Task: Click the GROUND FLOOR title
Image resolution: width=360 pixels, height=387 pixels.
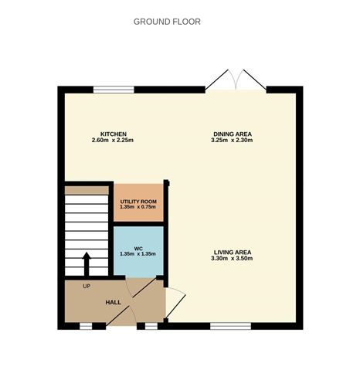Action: click(167, 22)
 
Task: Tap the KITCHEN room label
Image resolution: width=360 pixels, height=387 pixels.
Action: click(114, 134)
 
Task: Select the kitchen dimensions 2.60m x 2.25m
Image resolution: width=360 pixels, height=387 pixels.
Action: click(113, 141)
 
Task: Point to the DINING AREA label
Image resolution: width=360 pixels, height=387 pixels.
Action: click(233, 134)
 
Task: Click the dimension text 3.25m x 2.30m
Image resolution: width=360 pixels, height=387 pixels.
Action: click(232, 141)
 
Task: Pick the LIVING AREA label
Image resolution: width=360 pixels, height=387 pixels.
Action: click(233, 253)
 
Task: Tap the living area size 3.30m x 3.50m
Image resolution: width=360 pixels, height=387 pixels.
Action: click(232, 258)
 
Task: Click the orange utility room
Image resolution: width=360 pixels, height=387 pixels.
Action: click(138, 202)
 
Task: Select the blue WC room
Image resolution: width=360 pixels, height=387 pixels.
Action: click(138, 251)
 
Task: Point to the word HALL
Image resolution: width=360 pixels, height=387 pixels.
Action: click(114, 302)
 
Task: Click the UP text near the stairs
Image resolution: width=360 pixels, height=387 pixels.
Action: click(87, 286)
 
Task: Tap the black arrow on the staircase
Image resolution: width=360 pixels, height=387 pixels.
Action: click(87, 264)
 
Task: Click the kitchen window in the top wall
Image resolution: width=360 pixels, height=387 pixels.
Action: click(114, 90)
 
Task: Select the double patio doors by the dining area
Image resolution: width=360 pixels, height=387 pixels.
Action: click(236, 80)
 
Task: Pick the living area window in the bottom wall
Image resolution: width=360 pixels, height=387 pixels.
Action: click(231, 327)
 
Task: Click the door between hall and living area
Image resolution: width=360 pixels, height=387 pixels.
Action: click(175, 303)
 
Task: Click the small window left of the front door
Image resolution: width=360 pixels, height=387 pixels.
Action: click(86, 327)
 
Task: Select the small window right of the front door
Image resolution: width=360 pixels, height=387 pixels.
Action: click(151, 327)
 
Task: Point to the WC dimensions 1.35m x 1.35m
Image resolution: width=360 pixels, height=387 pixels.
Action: click(138, 254)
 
